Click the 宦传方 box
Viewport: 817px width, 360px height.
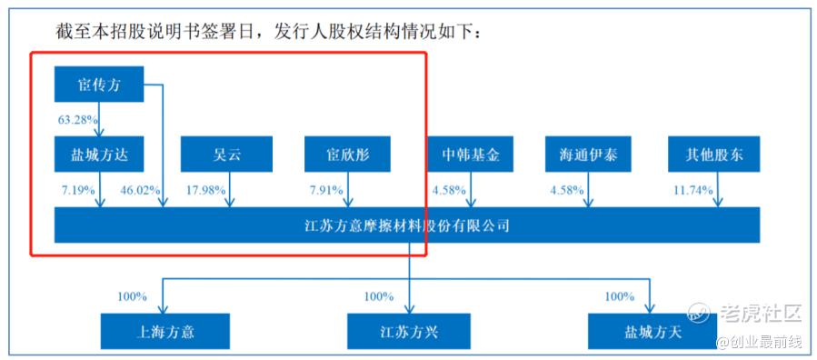[x=99, y=84]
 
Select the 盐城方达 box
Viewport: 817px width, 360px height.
[x=99, y=155]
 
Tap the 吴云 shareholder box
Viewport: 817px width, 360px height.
[x=226, y=155]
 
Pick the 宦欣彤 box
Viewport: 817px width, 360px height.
[x=347, y=155]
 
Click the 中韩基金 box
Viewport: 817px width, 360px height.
[x=471, y=155]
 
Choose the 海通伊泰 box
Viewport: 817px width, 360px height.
[x=588, y=155]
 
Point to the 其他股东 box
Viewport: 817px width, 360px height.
[x=714, y=155]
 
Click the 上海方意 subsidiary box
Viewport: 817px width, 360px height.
[x=165, y=331]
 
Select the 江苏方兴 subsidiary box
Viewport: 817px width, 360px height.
[x=409, y=331]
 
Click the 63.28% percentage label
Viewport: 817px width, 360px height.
[x=78, y=120]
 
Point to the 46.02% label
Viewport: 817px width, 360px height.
[x=140, y=190]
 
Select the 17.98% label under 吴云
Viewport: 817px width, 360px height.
[x=205, y=190]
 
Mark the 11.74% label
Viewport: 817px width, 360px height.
[x=692, y=190]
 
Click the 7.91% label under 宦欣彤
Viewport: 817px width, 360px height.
[x=326, y=190]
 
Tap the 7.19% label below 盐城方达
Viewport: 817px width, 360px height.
[x=79, y=190]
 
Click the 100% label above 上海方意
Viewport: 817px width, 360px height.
[x=132, y=297]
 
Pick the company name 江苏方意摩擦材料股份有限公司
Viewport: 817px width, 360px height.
[x=406, y=225]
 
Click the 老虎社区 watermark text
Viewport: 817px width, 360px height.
[x=761, y=313]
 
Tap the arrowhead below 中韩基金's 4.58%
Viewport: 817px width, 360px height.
[x=471, y=204]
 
